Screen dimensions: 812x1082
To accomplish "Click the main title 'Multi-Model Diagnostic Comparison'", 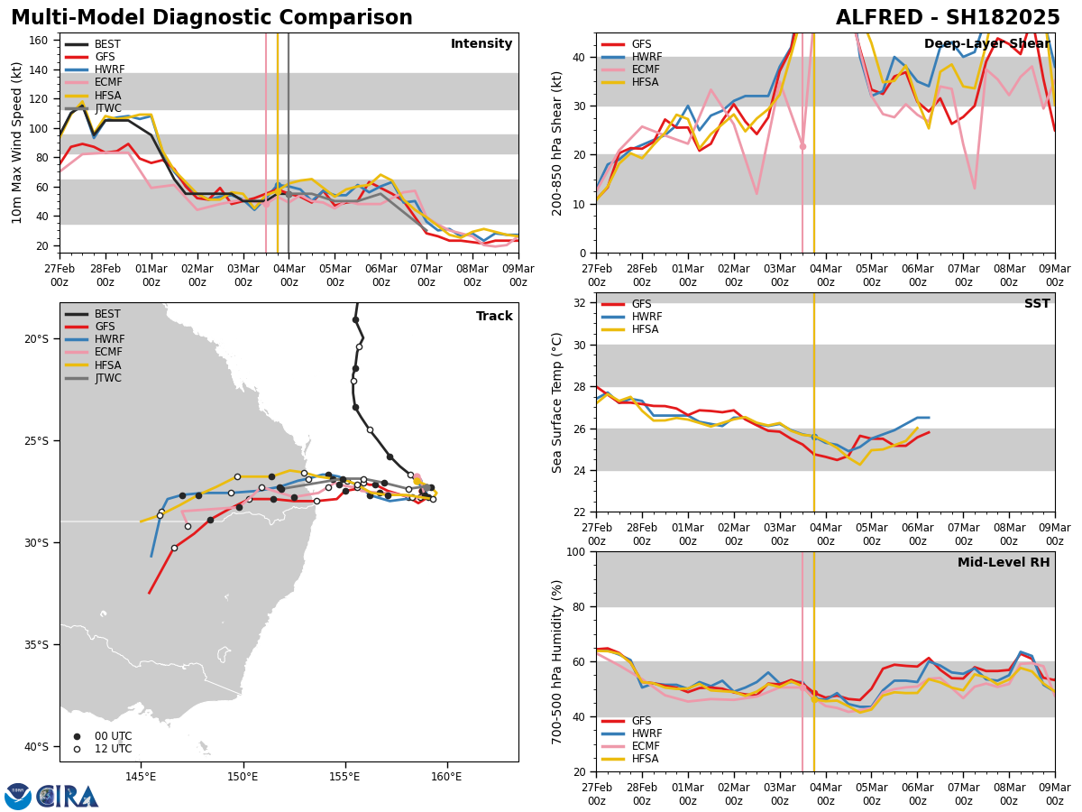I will coord(211,18).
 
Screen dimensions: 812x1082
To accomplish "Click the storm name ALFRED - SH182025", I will coord(948,18).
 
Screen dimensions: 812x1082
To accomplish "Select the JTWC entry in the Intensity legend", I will coord(107,108).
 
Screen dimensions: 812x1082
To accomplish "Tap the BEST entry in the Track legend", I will coord(107,314).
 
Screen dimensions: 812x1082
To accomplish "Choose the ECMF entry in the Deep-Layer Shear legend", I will coord(643,69).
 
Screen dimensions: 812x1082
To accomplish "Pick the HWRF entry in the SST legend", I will coord(646,317).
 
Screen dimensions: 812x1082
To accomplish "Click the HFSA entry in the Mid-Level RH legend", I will coord(643,759).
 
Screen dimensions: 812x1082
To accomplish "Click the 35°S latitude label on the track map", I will coord(36,644).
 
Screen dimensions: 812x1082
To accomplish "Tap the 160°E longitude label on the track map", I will coord(446,776).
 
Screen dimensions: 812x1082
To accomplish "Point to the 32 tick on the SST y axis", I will coord(580,302).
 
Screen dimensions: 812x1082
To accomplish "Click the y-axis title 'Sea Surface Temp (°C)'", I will coord(557,402).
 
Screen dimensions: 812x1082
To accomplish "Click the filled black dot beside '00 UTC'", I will coord(77,736).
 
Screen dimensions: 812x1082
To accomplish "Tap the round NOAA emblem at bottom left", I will coord(18,796).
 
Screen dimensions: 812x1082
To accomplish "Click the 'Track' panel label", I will coord(494,317).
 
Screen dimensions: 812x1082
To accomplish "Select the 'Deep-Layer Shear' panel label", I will coord(986,44).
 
